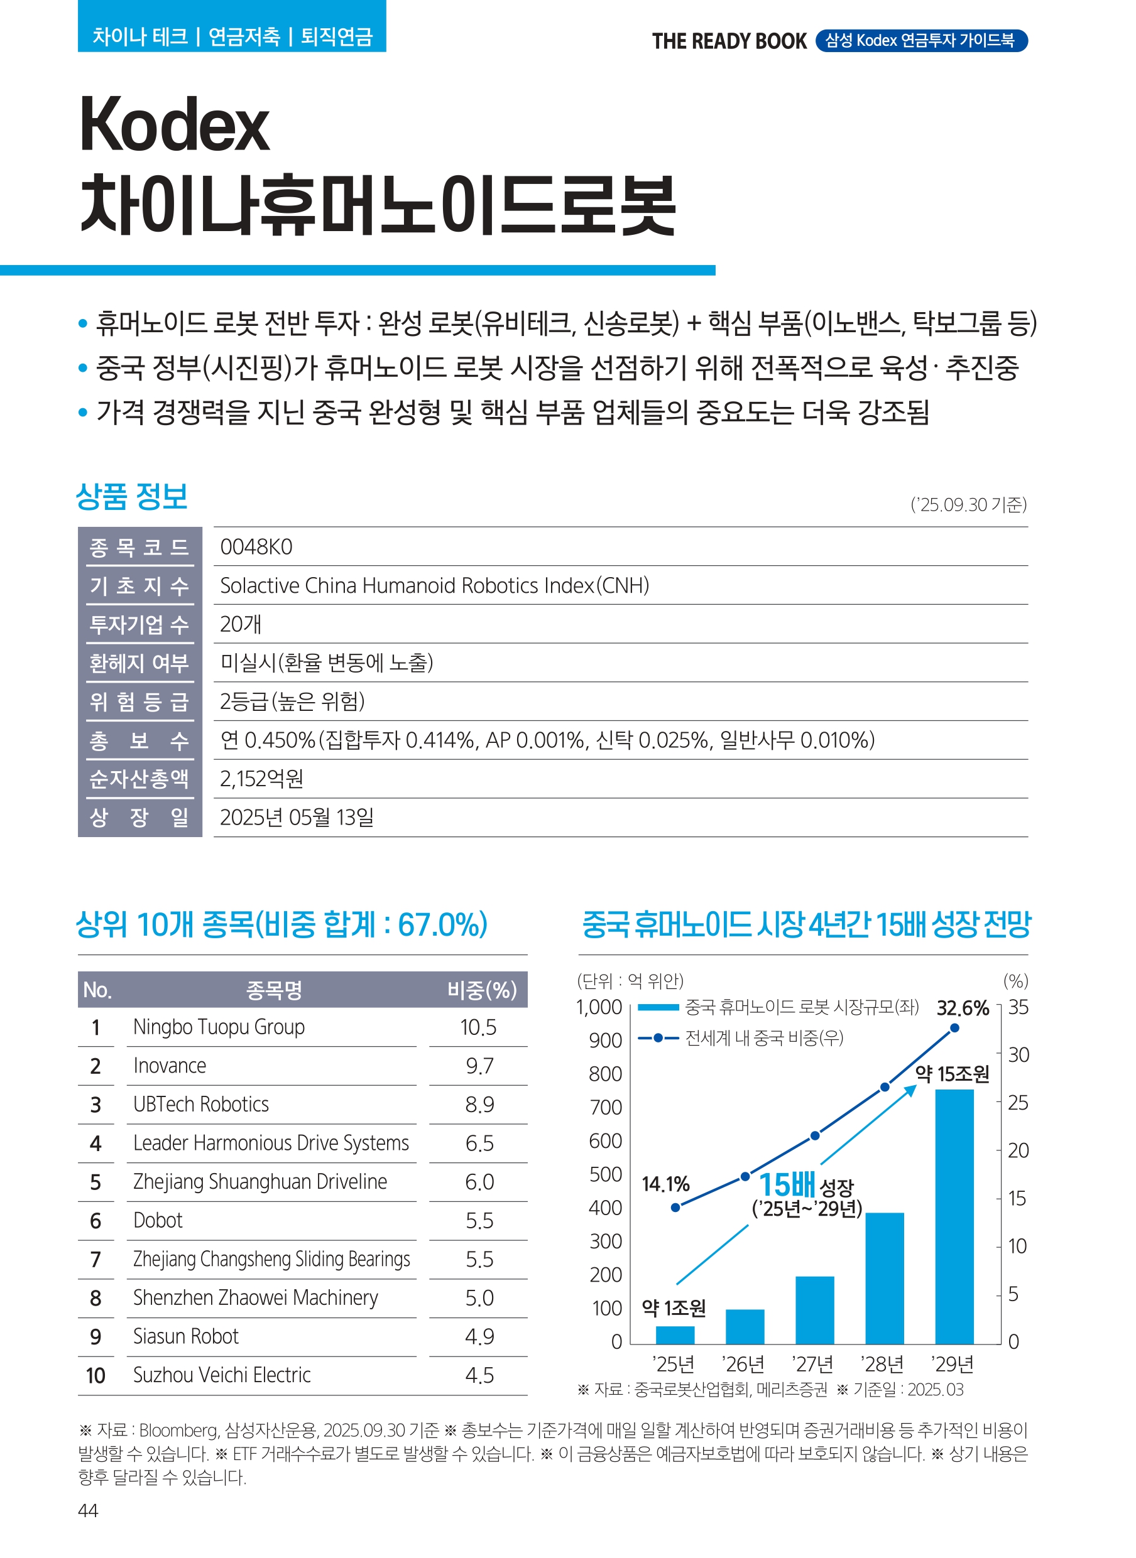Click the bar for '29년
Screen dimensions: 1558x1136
954,1216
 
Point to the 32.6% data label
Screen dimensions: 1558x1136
962,1008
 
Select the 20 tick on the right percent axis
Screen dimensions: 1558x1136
1018,1150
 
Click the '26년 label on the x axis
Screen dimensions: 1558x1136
743,1363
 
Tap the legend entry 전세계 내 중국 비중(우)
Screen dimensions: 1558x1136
763,1038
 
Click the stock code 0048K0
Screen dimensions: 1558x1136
256,547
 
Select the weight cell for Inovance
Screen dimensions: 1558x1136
479,1066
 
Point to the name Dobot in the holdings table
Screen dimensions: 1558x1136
158,1221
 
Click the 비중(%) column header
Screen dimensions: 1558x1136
481,990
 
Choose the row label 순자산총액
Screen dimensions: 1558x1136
139,779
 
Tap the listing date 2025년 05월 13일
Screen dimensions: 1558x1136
297,817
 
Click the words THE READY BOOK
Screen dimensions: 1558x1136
728,41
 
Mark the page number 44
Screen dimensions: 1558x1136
88,1510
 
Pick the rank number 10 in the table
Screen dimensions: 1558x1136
96,1376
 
